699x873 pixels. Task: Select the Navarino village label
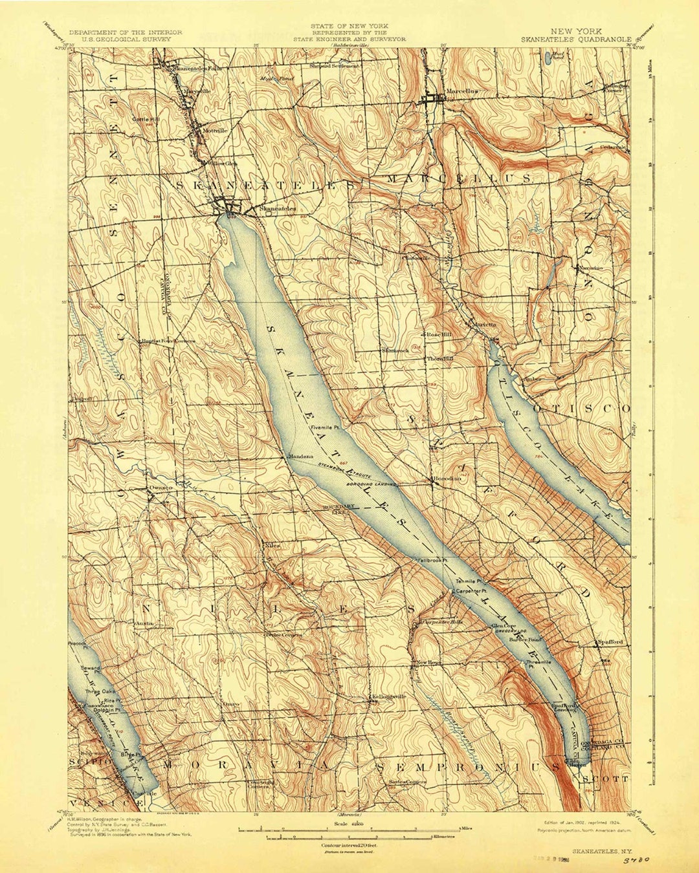coord(590,267)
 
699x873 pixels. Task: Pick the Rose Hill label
coord(439,335)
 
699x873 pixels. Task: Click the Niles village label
coord(272,544)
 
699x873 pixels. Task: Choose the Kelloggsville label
coord(388,696)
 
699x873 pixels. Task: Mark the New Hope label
coord(428,663)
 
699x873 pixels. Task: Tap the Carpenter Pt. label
coord(471,591)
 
